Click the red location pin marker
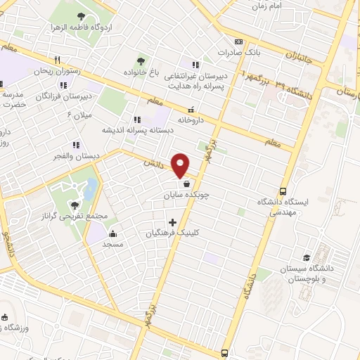pos(181,165)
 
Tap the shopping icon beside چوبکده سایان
pos(185,184)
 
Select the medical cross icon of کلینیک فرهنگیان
pos(172,222)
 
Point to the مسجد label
pos(112,243)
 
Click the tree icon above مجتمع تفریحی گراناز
pos(75,205)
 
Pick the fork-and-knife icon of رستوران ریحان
pos(58,60)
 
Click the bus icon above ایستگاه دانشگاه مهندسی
pos(283,191)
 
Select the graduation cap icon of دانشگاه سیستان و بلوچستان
pos(306,258)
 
